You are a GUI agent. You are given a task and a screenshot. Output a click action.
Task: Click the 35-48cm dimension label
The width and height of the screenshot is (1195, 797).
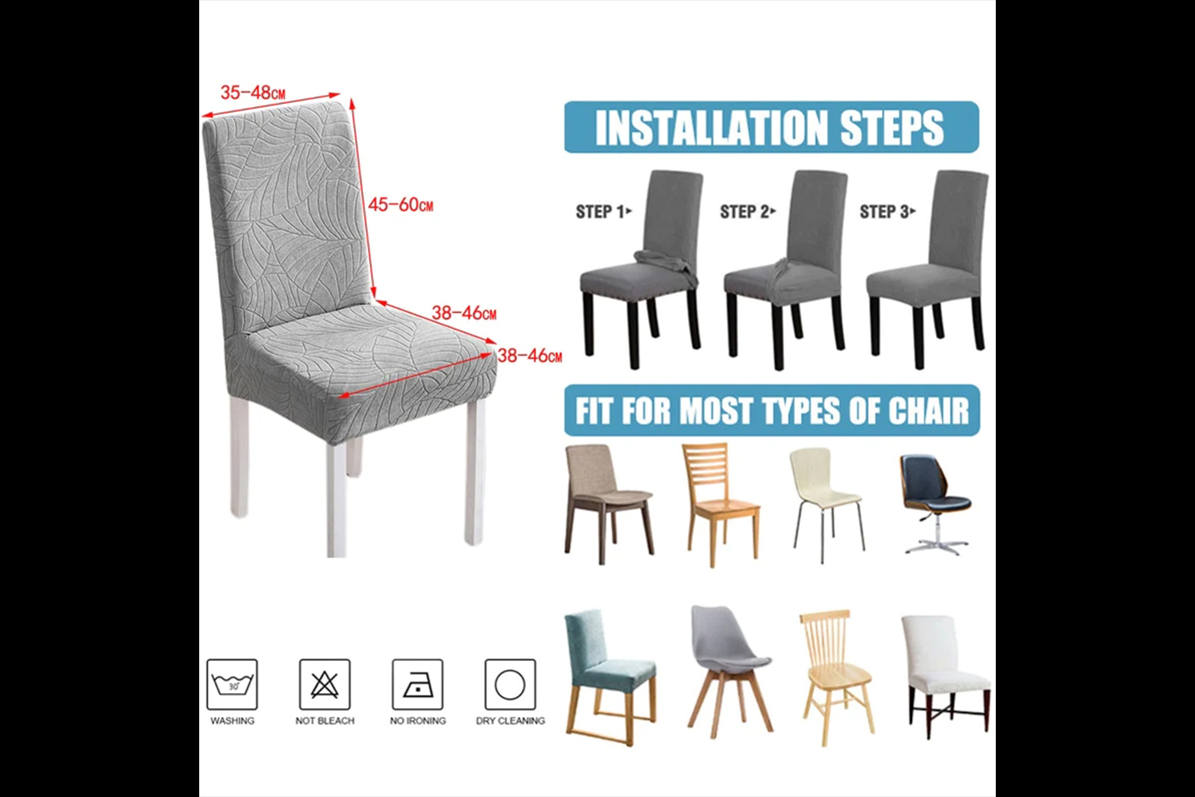tap(253, 93)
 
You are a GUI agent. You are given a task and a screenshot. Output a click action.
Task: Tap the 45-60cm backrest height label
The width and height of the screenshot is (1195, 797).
tap(401, 204)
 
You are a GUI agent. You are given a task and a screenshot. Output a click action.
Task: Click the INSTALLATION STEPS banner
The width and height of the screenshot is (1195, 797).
tap(772, 127)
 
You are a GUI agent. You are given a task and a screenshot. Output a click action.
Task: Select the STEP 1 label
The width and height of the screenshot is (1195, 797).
tap(603, 212)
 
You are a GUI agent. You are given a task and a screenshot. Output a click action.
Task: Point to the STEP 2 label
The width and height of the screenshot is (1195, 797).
tap(748, 212)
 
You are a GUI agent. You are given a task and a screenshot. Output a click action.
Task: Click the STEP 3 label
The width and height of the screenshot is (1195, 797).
tap(888, 212)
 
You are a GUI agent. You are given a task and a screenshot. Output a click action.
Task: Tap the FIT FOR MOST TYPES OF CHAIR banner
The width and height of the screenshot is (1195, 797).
tap(772, 410)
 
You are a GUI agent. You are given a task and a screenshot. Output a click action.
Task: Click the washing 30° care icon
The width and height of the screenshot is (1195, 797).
tap(232, 684)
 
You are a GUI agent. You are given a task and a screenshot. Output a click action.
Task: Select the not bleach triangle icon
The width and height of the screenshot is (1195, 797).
tap(325, 684)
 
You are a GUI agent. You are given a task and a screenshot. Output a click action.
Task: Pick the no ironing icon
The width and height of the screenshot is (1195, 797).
tap(417, 684)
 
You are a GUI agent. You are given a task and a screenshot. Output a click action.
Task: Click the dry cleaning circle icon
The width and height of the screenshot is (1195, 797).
tap(510, 684)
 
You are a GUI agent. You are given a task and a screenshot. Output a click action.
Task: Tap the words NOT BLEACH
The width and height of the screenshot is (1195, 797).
tap(325, 721)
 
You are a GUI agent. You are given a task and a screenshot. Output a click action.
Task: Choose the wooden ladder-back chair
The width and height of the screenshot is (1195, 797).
tap(720, 505)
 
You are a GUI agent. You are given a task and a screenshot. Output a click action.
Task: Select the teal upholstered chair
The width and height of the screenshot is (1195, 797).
tap(610, 677)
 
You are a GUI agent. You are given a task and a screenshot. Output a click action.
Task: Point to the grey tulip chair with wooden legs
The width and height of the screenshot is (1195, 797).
tap(729, 672)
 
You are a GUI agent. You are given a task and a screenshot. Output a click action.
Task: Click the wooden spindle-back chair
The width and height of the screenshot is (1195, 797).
tap(836, 677)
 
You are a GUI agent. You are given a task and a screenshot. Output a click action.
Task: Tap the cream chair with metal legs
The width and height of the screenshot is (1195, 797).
tap(827, 505)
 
